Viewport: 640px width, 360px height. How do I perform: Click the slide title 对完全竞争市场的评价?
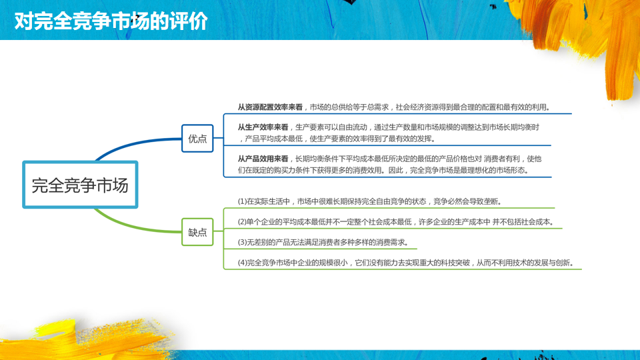111,21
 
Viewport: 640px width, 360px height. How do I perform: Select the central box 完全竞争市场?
80,185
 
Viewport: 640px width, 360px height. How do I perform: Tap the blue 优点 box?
197,139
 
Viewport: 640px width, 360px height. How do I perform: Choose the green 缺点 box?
197,232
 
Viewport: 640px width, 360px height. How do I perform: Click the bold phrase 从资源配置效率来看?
270,107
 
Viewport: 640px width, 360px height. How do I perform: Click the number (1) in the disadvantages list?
242,201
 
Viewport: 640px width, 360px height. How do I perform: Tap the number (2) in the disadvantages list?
242,222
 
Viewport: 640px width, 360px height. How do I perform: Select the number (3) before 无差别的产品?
242,242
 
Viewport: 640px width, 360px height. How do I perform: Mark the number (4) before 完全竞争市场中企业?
242,263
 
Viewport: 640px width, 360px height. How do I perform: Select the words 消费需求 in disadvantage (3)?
390,242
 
